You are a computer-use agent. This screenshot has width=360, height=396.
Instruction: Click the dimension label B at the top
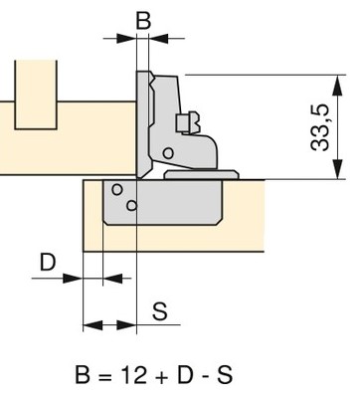click(x=143, y=21)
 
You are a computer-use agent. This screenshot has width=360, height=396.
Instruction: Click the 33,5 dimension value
click(x=320, y=127)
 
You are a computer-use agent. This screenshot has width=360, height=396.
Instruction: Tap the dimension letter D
click(x=48, y=263)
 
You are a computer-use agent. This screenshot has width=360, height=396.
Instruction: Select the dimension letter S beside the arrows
click(x=160, y=311)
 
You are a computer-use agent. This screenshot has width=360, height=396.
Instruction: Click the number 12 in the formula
click(x=133, y=375)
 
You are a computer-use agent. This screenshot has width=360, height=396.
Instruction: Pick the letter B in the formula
click(x=83, y=375)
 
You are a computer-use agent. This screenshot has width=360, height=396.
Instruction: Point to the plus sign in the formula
click(x=161, y=377)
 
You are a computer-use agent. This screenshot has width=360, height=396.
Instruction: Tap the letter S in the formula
click(x=225, y=375)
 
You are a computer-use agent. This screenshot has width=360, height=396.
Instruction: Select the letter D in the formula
click(x=185, y=375)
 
